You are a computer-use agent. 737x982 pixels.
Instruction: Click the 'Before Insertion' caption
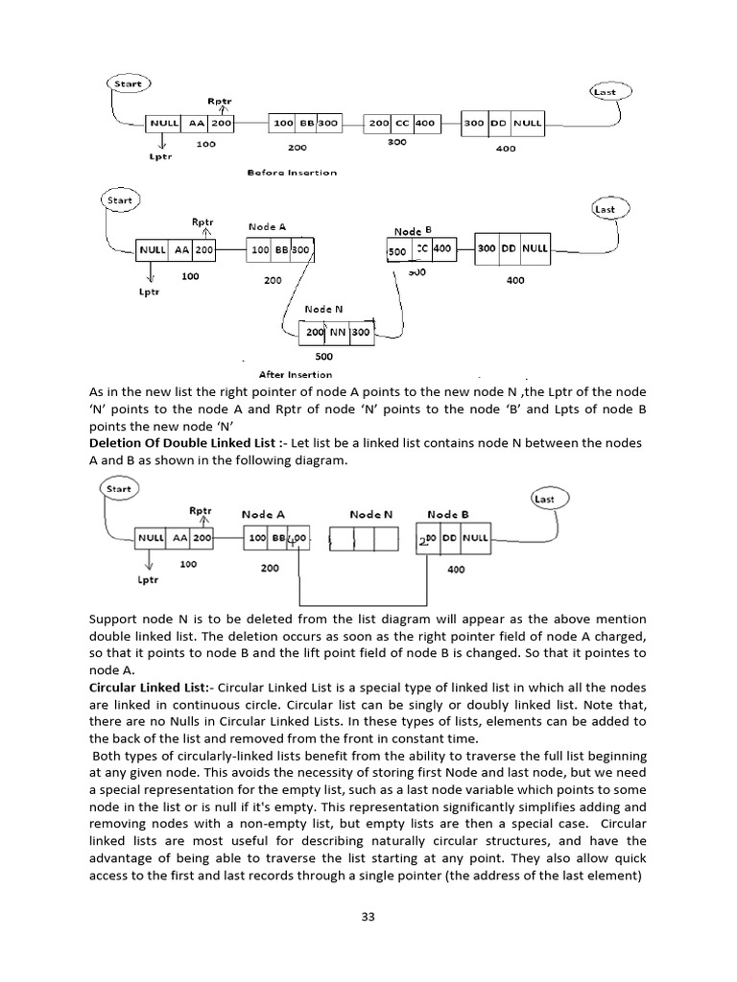click(292, 173)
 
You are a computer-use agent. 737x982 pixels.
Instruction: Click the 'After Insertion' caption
click(296, 374)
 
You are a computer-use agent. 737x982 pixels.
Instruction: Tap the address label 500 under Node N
click(323, 356)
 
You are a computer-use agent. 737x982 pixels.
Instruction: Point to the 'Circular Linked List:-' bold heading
click(150, 688)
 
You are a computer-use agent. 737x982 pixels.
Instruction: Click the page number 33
click(368, 917)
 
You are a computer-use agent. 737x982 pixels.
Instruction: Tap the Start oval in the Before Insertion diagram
click(128, 84)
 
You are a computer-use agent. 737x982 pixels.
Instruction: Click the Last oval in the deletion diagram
click(544, 499)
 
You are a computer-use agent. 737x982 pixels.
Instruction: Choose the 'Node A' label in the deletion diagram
click(262, 515)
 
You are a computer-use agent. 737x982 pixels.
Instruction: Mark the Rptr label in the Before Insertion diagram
click(219, 100)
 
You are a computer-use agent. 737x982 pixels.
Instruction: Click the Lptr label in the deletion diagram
click(147, 580)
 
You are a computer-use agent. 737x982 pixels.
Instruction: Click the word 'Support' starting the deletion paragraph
click(114, 619)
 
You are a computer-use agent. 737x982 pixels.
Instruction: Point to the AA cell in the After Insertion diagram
click(180, 249)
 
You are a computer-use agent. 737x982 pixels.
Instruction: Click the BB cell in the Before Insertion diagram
click(306, 124)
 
